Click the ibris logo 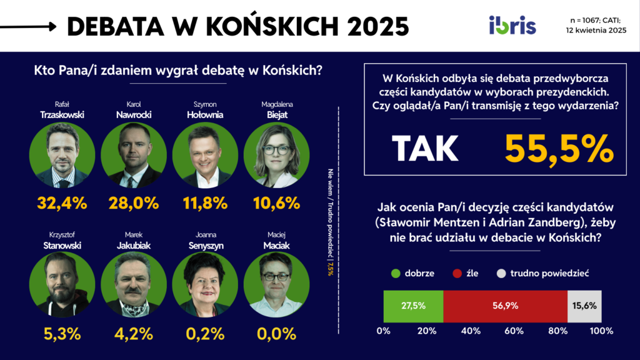(512, 26)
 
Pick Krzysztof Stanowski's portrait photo (62, 283)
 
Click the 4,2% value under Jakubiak (134, 333)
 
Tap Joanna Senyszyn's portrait (205, 283)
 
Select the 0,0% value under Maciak (276, 333)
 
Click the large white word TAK (425, 149)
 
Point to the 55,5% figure (558, 149)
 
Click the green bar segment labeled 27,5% (413, 306)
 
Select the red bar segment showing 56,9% (505, 306)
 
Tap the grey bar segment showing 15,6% (584, 306)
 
